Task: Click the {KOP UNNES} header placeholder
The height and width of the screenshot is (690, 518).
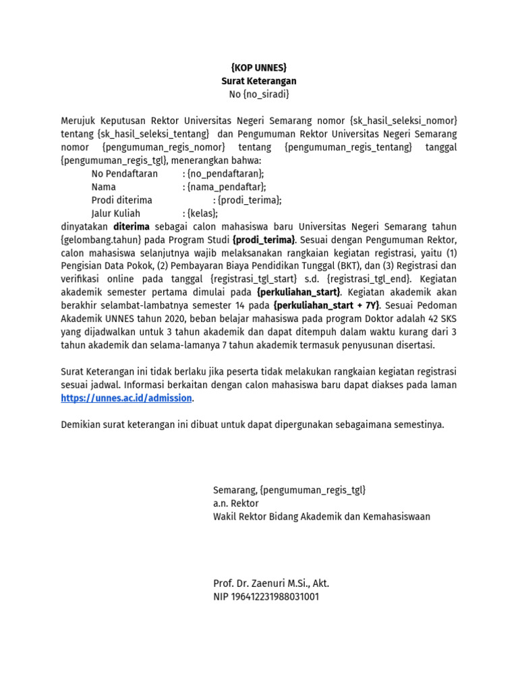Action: [259, 67]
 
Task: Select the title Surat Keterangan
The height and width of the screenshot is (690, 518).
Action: [259, 81]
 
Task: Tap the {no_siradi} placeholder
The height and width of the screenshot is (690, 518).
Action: [266, 94]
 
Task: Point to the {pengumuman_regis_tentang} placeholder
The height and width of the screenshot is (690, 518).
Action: [348, 147]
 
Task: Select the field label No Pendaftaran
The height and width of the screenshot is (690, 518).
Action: [125, 174]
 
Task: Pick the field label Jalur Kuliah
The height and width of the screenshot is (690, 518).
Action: [115, 214]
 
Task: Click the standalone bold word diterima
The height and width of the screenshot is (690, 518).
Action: [131, 226]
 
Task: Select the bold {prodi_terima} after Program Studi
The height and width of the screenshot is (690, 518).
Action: [264, 240]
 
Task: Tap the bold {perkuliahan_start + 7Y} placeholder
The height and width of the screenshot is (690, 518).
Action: [326, 305]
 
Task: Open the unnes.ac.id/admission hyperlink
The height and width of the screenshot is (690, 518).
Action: [126, 398]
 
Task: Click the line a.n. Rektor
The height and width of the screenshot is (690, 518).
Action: [236, 503]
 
